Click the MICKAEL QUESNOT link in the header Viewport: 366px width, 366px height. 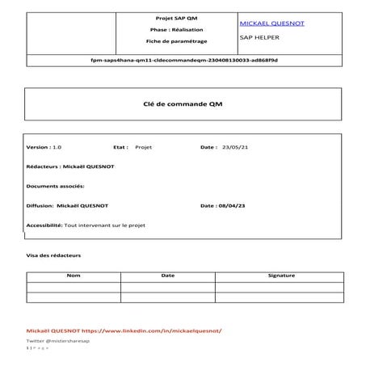point(272,23)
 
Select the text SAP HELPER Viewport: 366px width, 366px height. point(256,37)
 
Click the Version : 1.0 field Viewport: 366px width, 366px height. point(44,148)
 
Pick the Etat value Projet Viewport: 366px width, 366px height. point(143,148)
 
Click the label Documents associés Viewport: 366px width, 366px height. point(56,187)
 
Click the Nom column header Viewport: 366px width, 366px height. point(74,276)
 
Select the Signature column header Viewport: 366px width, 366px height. point(280,276)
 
